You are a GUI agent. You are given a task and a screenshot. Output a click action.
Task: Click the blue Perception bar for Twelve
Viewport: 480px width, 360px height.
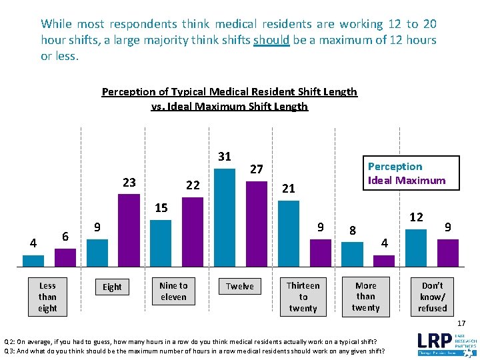[x=225, y=217]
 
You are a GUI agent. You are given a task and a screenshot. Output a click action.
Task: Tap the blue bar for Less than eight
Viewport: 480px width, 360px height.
[x=34, y=261]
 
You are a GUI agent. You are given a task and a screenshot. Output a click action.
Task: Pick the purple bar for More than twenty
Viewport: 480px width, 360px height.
[x=384, y=261]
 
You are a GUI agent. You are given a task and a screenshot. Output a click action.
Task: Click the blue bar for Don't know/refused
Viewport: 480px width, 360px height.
[x=416, y=247]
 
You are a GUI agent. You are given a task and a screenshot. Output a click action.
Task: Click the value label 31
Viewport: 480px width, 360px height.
[x=225, y=157]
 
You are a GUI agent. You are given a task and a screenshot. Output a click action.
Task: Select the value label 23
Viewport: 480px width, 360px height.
[x=129, y=183]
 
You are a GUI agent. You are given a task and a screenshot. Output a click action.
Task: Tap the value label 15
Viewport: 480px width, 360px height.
[x=161, y=208]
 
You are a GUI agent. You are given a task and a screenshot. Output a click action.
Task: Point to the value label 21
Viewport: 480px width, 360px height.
[x=288, y=189]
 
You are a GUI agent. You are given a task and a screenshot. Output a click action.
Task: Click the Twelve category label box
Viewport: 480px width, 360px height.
[x=239, y=287]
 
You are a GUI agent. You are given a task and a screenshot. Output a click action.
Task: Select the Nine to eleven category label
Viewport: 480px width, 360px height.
[x=173, y=291]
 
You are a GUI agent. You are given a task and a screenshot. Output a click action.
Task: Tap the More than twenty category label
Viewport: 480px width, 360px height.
[x=365, y=297]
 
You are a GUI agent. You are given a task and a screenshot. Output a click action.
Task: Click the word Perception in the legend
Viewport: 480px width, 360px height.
[x=395, y=167]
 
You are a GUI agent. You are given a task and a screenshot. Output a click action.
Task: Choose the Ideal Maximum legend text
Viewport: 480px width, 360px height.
[x=407, y=180]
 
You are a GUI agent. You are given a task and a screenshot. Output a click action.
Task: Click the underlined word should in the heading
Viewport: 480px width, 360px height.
[x=271, y=40]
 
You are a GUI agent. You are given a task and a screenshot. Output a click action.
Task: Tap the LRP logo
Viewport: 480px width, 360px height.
[x=446, y=341]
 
